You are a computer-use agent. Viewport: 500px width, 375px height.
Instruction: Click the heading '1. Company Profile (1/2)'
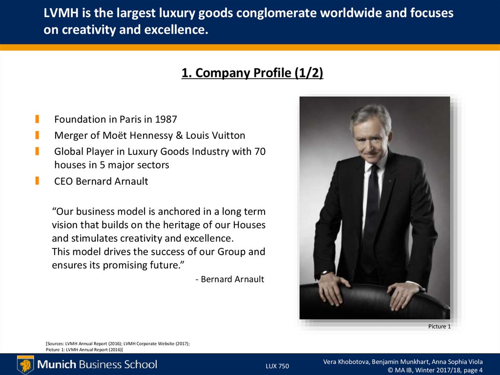252,73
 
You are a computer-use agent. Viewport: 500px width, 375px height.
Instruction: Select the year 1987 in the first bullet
166,119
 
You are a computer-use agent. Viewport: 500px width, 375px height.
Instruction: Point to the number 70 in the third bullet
260,152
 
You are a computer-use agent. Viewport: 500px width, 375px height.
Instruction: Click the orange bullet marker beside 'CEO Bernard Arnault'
37,181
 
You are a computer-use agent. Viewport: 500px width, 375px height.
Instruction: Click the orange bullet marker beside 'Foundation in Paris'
37,119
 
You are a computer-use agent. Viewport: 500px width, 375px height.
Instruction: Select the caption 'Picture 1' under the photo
439,326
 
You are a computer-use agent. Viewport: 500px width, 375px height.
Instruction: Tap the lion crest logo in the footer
25,365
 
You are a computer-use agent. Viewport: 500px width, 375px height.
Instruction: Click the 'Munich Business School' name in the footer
98,364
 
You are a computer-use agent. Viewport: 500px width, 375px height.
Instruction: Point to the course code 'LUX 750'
277,366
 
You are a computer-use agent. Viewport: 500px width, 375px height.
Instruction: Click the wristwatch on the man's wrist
324,274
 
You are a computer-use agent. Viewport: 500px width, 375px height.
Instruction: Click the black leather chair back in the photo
371,301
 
